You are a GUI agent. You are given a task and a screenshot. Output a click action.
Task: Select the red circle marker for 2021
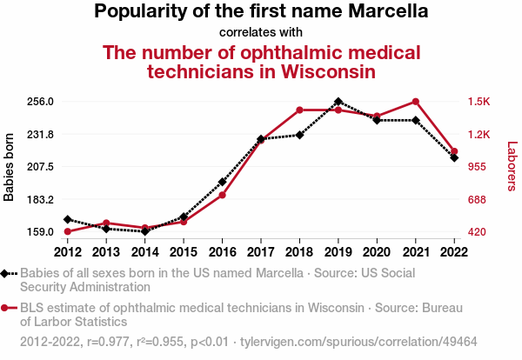click(416, 102)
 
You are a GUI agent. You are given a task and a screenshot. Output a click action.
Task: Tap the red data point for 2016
click(223, 195)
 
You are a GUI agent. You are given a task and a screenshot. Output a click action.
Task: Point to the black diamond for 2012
click(68, 219)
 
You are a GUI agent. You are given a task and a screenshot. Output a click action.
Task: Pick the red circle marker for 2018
click(299, 110)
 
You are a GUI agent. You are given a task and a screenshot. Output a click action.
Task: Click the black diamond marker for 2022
click(454, 157)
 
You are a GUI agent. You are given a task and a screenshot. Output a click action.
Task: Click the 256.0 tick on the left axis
click(41, 102)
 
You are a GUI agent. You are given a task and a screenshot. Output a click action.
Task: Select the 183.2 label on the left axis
click(41, 199)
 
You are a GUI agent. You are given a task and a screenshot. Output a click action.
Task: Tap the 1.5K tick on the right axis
click(478, 102)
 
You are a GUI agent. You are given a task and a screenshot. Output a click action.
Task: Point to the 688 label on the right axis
click(477, 199)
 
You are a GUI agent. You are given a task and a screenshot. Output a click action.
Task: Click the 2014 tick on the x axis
click(145, 252)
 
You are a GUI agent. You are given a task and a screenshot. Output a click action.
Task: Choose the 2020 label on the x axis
click(377, 252)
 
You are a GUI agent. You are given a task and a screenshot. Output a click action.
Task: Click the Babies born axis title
click(10, 167)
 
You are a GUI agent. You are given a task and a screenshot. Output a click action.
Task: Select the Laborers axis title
click(512, 167)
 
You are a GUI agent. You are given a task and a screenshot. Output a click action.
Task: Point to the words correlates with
click(261, 33)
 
